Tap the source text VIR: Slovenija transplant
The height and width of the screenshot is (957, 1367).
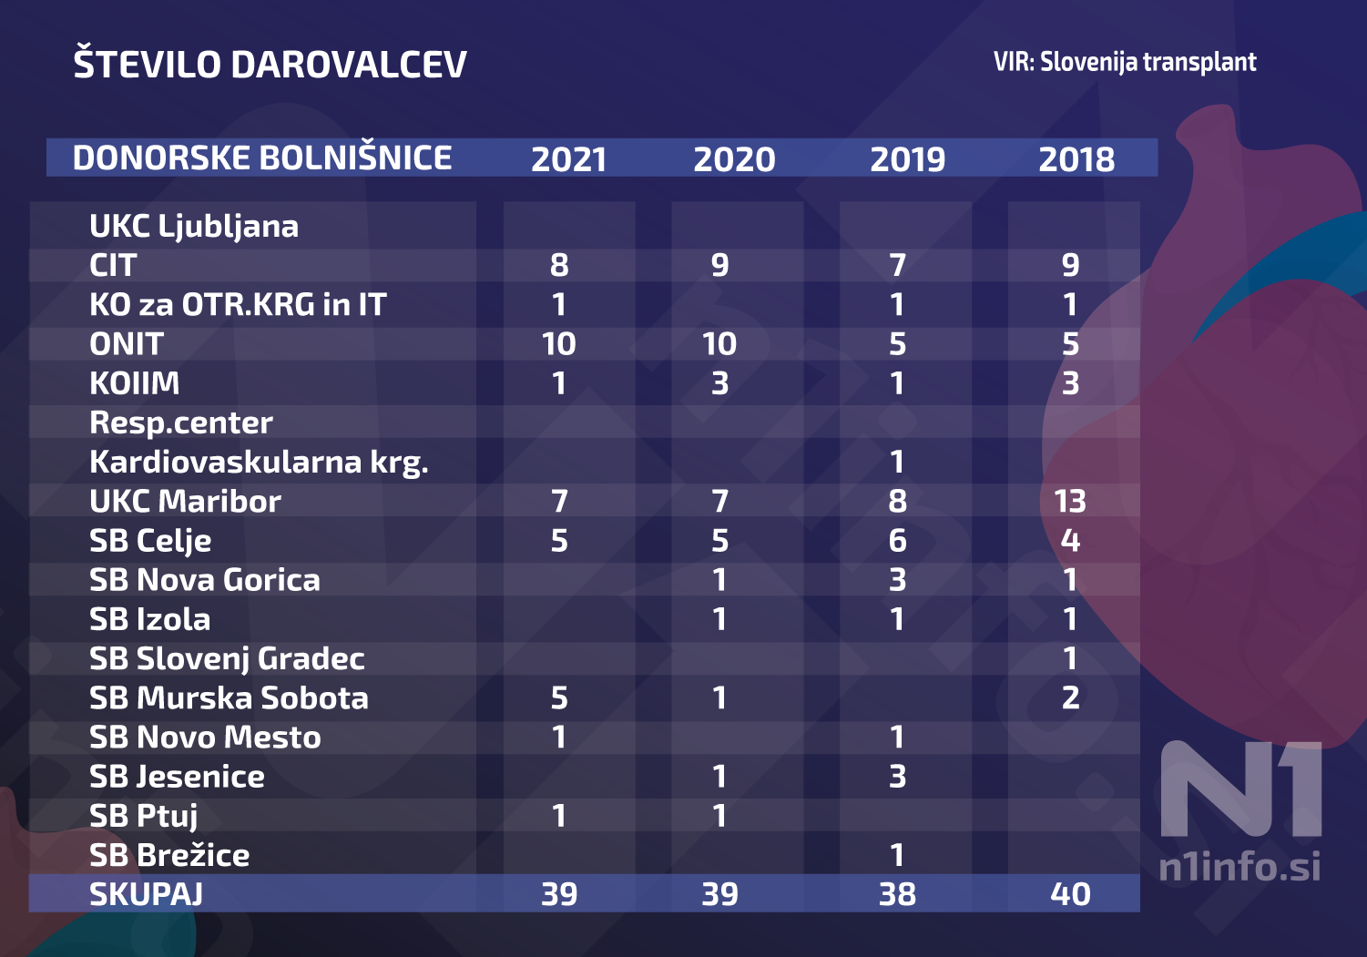1125,62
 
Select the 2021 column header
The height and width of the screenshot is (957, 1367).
569,159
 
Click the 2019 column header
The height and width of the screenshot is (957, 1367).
907,159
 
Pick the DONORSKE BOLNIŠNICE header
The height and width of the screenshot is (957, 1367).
262,158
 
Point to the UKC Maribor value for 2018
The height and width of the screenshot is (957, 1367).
1070,501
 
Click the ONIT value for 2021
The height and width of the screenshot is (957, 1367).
558,343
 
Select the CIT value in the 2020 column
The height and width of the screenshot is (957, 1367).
720,265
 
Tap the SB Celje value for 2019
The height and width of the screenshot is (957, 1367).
897,540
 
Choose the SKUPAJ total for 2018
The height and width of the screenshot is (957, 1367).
1070,894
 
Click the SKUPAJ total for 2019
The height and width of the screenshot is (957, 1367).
897,894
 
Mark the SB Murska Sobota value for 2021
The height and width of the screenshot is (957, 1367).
559,697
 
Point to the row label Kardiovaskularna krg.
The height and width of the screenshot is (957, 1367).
259,462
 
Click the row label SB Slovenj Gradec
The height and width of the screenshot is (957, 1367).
227,658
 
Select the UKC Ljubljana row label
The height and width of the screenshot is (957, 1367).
194,227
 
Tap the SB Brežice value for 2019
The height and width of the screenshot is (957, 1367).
897,855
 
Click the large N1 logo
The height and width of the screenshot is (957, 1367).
1240,788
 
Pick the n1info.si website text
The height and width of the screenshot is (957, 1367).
1239,866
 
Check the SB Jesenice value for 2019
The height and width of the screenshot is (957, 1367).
897,777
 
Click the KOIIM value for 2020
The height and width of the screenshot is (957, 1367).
720,383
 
